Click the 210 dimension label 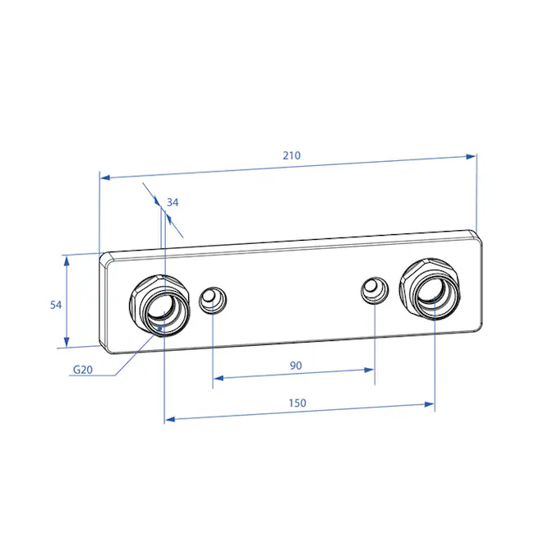pyautogui.click(x=292, y=155)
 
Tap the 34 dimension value pyautogui.click(x=173, y=202)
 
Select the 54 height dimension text pyautogui.click(x=56, y=305)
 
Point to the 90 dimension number pyautogui.click(x=296, y=366)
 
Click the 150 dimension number pyautogui.click(x=297, y=403)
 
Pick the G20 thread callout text pyautogui.click(x=83, y=370)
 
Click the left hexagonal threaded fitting pyautogui.click(x=159, y=306)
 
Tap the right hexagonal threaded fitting pyautogui.click(x=431, y=289)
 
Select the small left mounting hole pyautogui.click(x=213, y=300)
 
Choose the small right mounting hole pyautogui.click(x=375, y=290)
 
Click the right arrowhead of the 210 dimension pyautogui.click(x=471, y=157)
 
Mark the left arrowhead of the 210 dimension pyautogui.click(x=105, y=177)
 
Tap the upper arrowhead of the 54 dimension pyautogui.click(x=67, y=260)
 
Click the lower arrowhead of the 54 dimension pyautogui.click(x=67, y=342)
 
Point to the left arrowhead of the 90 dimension pyautogui.click(x=219, y=379)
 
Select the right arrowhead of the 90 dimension pyautogui.click(x=369, y=370)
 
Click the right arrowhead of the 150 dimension pyautogui.click(x=429, y=404)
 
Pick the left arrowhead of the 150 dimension pyautogui.click(x=170, y=419)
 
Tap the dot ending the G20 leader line pyautogui.click(x=159, y=329)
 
